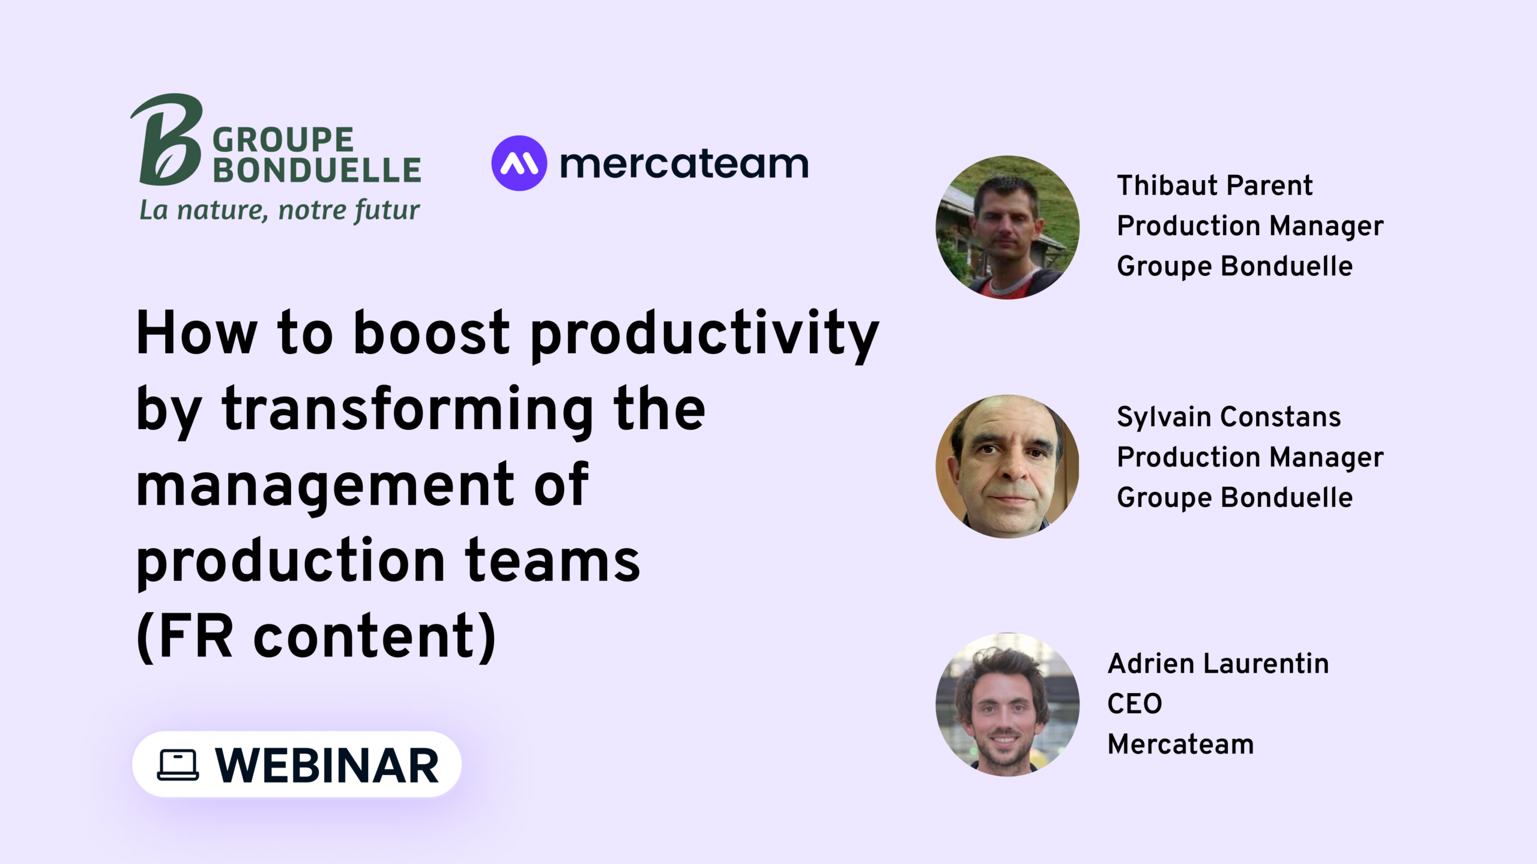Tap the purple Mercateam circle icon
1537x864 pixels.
[x=519, y=163]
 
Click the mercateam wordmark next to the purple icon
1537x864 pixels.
[x=684, y=163]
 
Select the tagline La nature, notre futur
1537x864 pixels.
[x=279, y=211]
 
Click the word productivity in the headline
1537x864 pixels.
[x=705, y=335]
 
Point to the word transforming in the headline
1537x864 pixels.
[x=408, y=410]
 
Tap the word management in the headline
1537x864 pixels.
[x=325, y=487]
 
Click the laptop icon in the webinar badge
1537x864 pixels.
[x=178, y=765]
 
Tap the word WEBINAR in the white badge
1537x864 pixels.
[x=328, y=766]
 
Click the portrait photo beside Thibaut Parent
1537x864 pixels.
[x=1007, y=227]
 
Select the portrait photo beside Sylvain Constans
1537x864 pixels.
[x=1007, y=466]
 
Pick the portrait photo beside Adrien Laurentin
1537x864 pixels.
[x=1007, y=704]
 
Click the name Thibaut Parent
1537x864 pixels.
[x=1215, y=185]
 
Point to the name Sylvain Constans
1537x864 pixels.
[x=1228, y=417]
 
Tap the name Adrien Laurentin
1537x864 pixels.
[x=1218, y=664]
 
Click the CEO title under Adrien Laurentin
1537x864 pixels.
[x=1135, y=704]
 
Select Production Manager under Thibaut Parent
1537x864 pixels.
[x=1250, y=227]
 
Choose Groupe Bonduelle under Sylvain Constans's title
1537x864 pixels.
[x=1234, y=498]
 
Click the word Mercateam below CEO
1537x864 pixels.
[x=1181, y=745]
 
